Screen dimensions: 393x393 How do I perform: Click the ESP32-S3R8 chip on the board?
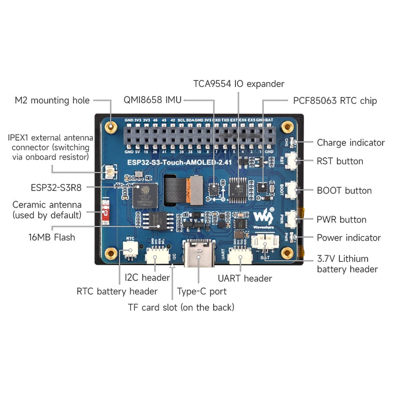[145, 195]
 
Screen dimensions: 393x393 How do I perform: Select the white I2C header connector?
[156, 257]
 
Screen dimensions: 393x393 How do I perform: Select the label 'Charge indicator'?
[351, 143]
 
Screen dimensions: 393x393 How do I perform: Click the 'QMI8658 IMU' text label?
[152, 100]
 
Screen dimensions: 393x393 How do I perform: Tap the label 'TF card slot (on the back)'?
[181, 307]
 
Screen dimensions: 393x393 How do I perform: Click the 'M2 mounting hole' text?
[52, 101]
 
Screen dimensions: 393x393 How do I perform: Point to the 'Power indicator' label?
[349, 237]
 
